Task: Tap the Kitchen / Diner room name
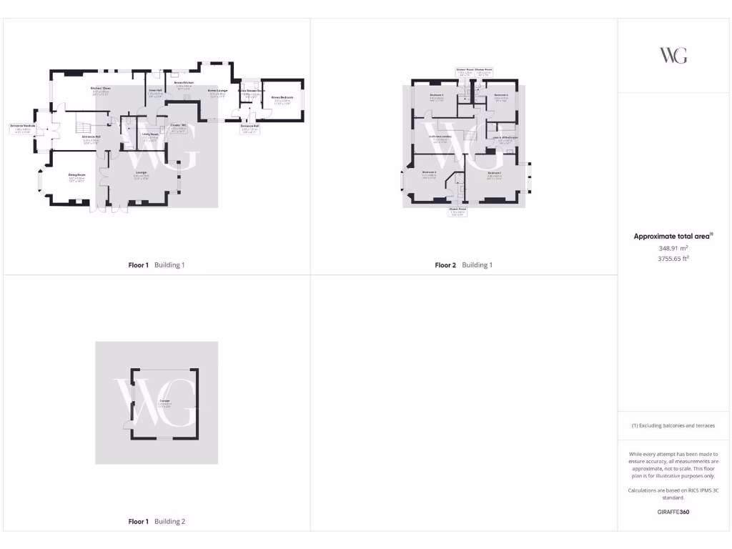pos(100,89)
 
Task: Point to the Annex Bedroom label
pos(282,97)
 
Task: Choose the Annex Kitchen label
pos(184,83)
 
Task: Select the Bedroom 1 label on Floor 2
pos(495,173)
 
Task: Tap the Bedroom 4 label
pos(500,95)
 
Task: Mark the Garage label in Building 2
pos(164,402)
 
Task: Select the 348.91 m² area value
pos(673,248)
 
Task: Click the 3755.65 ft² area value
pos(673,259)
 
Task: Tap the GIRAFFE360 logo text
pos(673,512)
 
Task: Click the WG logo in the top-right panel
pos(673,55)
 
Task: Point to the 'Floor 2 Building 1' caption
pos(463,265)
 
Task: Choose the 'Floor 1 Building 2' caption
pos(157,522)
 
